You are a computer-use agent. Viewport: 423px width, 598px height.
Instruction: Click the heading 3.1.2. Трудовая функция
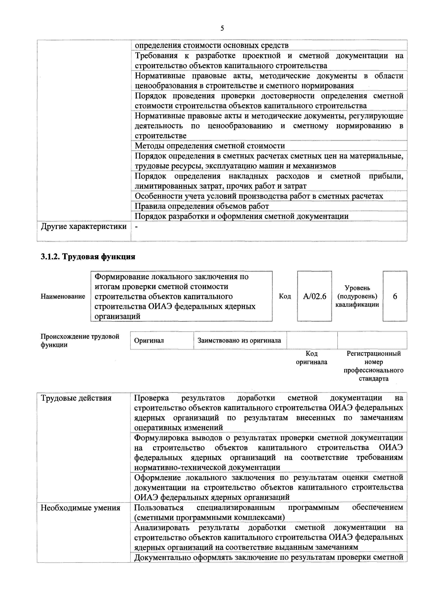[x=88, y=257]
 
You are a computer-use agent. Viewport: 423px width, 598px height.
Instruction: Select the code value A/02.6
[x=314, y=296]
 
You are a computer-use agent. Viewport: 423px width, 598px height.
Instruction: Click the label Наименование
[x=63, y=296]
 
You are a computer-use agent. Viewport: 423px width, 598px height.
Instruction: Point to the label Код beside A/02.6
[x=285, y=296]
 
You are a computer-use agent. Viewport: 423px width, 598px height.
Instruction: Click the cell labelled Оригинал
[x=149, y=340]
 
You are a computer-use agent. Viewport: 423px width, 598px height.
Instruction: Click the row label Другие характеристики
[x=84, y=227]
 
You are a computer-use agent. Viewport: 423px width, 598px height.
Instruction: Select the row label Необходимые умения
[x=80, y=508]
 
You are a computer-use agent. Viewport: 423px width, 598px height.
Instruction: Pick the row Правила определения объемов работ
[x=201, y=206]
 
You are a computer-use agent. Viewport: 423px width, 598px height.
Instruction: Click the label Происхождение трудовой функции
[x=80, y=340]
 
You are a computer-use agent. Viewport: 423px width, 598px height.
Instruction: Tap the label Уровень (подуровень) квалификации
[x=357, y=296]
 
